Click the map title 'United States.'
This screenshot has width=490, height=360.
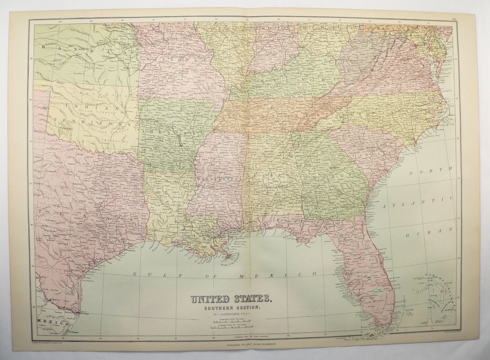(x=231, y=298)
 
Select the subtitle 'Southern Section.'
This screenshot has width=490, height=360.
(x=231, y=308)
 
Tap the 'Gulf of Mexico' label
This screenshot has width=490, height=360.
(x=224, y=274)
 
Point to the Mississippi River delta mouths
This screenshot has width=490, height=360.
(x=227, y=256)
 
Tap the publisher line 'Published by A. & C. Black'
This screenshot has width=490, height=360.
(x=245, y=345)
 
